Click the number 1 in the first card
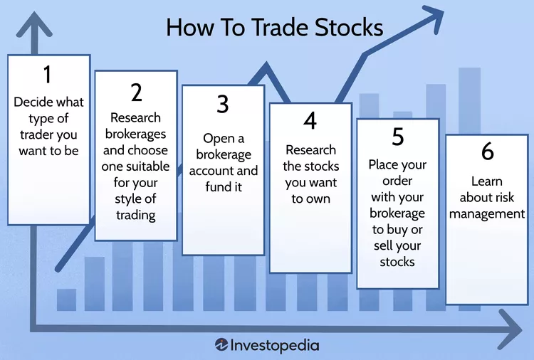click(x=48, y=75)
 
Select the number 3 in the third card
click(x=223, y=105)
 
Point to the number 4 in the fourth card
click(x=310, y=122)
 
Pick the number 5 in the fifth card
click(x=397, y=136)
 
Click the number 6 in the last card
click(x=486, y=152)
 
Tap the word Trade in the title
click(x=266, y=28)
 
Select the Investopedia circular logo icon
click(x=221, y=344)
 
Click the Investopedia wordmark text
click(x=276, y=344)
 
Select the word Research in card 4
click(x=310, y=150)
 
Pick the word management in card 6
click(x=486, y=213)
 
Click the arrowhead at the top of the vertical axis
click(x=31, y=27)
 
